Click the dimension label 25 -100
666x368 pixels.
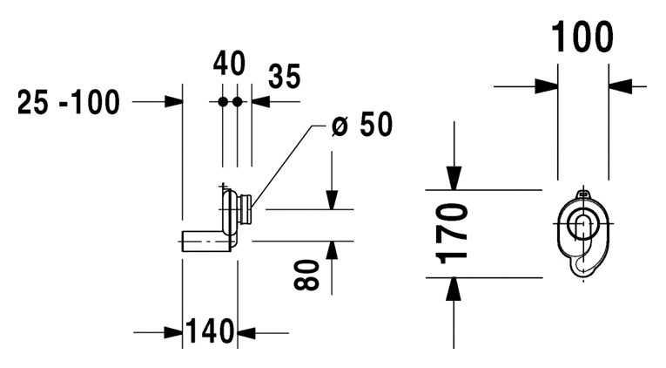[69, 103]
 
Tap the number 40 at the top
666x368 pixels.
[229, 64]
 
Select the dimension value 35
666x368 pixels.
[284, 77]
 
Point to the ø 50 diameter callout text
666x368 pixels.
[362, 126]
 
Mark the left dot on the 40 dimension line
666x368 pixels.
[223, 102]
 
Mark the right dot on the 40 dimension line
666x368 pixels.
[237, 102]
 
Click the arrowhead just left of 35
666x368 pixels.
[260, 102]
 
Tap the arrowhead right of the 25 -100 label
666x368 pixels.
[172, 102]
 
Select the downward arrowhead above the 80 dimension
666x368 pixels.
[331, 200]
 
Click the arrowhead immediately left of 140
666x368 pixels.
[172, 332]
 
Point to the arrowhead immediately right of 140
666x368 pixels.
[247, 332]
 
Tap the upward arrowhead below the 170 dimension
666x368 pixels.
[454, 289]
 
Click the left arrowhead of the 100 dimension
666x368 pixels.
[547, 85]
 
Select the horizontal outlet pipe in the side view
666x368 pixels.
[205, 241]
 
